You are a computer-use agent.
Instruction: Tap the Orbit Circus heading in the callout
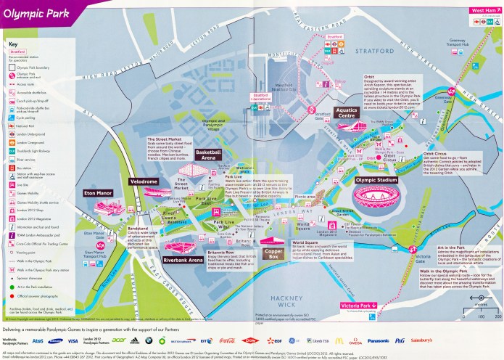(437, 154)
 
